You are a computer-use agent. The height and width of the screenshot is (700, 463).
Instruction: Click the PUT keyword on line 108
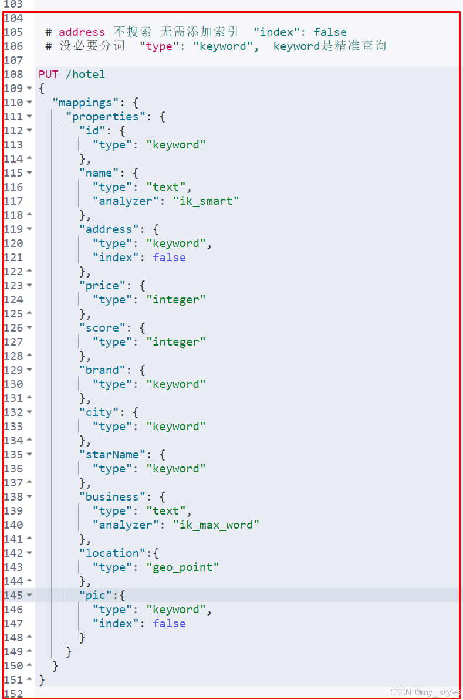(49, 75)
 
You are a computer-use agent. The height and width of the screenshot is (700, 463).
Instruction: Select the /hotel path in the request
(85, 75)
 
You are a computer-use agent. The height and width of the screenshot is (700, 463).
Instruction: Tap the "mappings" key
(88, 103)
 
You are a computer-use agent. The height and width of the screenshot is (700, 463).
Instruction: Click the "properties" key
(105, 117)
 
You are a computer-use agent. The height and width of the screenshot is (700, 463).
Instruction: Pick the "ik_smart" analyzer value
(206, 201)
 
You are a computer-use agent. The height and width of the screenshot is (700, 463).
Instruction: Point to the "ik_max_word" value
(216, 525)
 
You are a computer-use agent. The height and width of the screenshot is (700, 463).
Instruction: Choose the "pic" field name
(95, 596)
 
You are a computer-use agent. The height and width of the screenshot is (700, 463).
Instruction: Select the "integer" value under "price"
(176, 300)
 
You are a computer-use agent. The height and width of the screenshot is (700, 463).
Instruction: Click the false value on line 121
(169, 258)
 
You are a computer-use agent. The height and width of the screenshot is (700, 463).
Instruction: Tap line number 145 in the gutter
(13, 596)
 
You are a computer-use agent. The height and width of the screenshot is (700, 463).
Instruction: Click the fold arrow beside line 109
(29, 89)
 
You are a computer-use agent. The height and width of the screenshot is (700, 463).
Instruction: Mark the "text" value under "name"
(166, 187)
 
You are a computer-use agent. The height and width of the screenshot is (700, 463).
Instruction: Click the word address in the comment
(82, 32)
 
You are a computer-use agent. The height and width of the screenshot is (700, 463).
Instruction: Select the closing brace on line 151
(42, 680)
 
